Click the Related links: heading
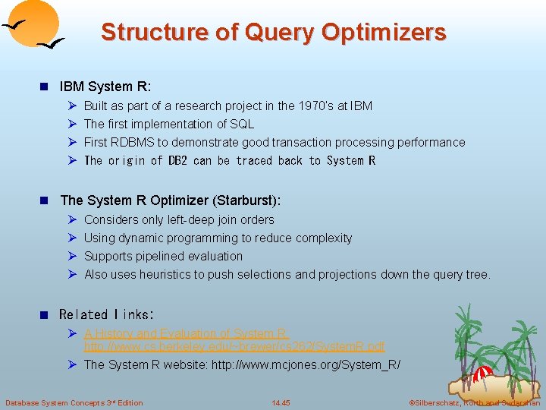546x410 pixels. pos(106,314)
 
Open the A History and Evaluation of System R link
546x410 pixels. pos(186,333)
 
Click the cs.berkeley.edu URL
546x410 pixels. pos(234,346)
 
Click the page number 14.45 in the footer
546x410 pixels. pos(281,402)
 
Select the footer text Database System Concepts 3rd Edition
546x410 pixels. pos(74,402)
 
